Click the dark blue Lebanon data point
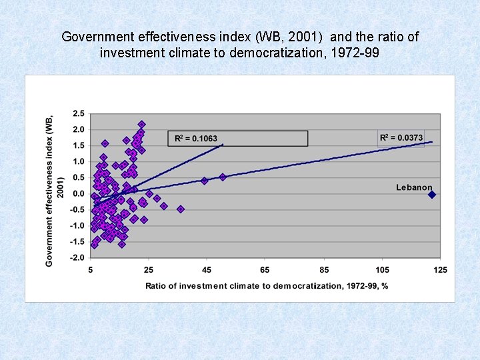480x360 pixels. click(x=432, y=195)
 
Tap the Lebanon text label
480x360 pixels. click(x=414, y=187)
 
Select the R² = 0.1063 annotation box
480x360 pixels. click(x=237, y=138)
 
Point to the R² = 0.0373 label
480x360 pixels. click(x=401, y=137)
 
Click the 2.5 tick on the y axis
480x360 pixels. click(x=79, y=113)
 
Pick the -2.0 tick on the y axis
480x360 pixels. click(x=77, y=258)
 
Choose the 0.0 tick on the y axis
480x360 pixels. click(x=79, y=194)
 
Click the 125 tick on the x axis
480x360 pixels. click(x=440, y=270)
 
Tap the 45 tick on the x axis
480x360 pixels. click(x=207, y=270)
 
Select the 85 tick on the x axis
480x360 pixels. click(x=324, y=270)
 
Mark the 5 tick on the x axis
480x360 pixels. click(x=91, y=270)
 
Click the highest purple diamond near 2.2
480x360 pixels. click(x=142, y=124)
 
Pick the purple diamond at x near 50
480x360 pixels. click(x=223, y=177)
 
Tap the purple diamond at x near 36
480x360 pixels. click(x=181, y=209)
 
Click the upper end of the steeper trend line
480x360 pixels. click(x=223, y=144)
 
